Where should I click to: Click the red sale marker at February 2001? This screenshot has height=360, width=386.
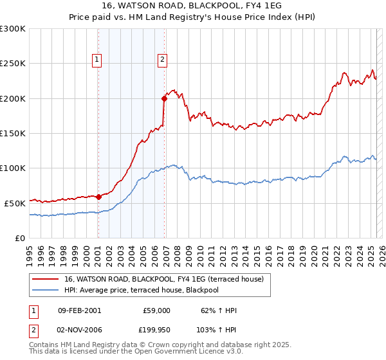click(98, 197)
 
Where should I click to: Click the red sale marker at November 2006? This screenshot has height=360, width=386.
click(164, 98)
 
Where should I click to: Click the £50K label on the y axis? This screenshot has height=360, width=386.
click(15, 203)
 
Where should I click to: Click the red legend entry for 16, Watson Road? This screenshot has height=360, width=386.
click(167, 279)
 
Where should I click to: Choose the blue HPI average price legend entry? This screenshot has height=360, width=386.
click(151, 290)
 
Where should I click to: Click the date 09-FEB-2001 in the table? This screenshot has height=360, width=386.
click(79, 310)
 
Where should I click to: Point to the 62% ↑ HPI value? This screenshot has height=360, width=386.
click(219, 310)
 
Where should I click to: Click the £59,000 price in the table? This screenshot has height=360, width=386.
click(156, 310)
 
